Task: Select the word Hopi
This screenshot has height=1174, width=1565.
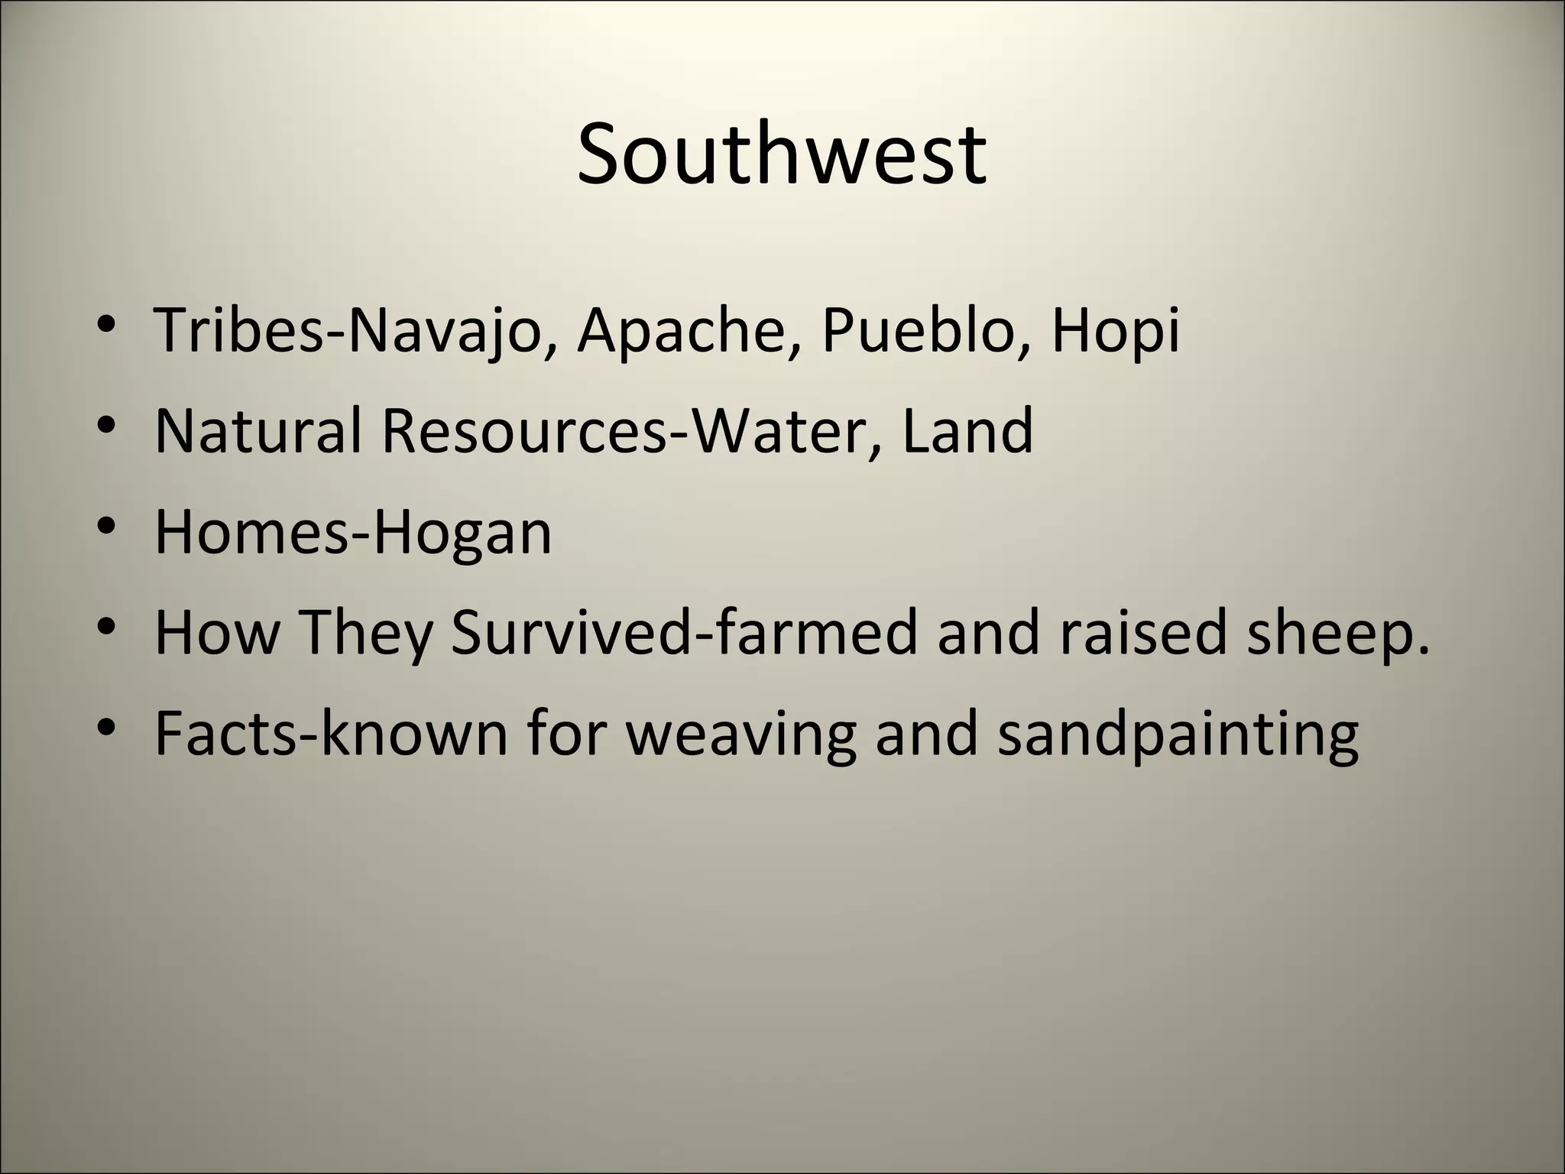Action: (1115, 332)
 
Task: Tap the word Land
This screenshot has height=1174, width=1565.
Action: (967, 430)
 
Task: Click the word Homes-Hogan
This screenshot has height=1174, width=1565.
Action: (353, 533)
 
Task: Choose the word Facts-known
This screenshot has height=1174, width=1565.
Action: (331, 733)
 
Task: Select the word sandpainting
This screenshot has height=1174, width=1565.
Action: (1178, 735)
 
